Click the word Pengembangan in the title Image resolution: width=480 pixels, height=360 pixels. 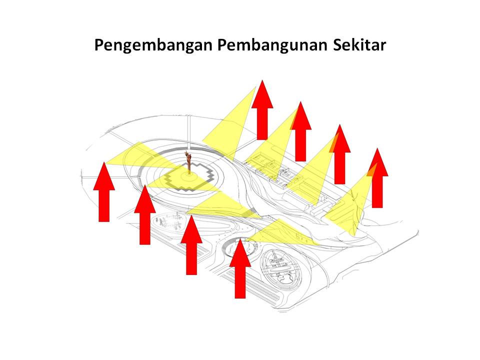153,45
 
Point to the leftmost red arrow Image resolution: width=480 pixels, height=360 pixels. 104,192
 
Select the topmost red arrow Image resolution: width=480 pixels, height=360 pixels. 262,110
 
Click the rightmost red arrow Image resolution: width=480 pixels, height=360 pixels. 377,178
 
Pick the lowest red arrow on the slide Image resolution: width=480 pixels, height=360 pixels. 240,268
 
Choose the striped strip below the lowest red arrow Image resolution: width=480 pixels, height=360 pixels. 251,286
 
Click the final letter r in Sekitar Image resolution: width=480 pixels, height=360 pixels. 382,46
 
